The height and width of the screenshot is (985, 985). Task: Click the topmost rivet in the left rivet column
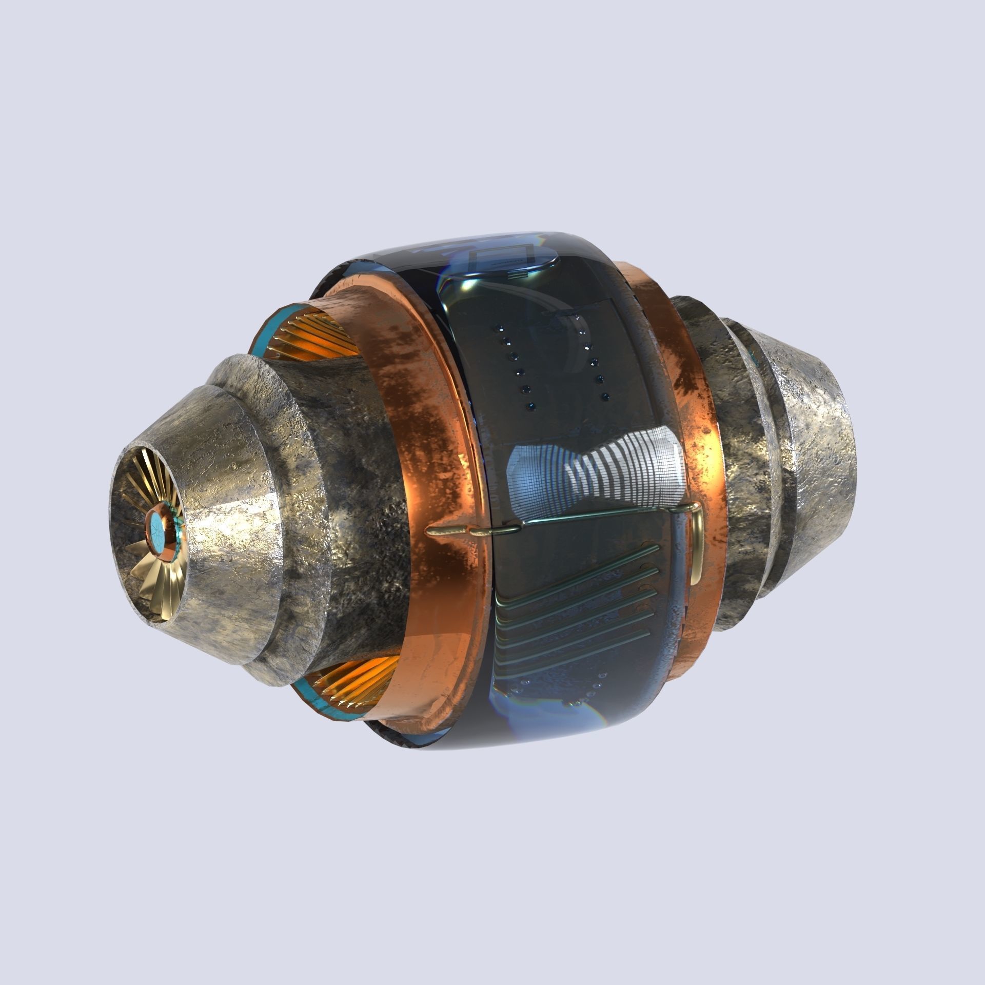pos(497,327)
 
